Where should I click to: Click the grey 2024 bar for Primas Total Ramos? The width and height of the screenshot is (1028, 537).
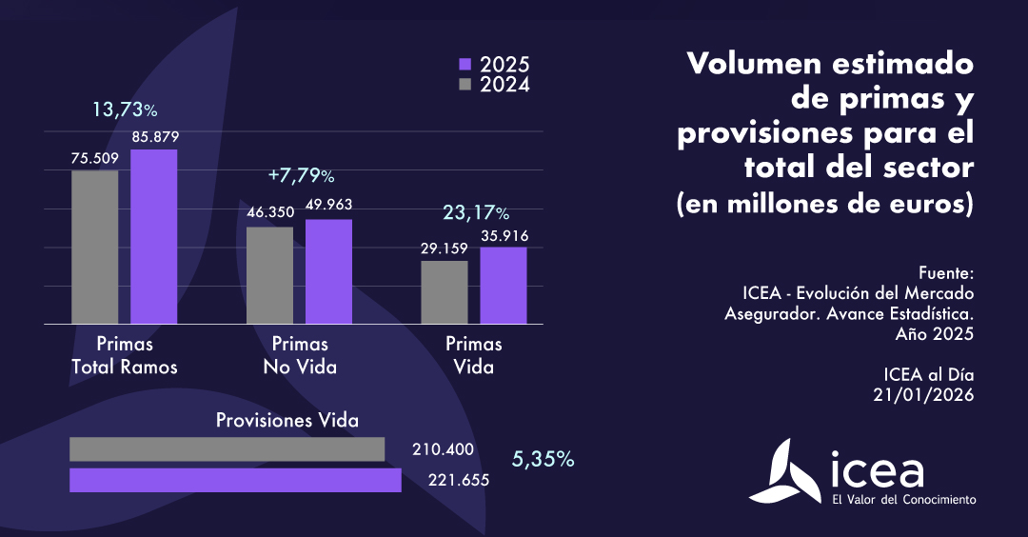pyautogui.click(x=95, y=248)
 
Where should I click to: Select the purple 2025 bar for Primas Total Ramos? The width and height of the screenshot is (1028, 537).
pyautogui.click(x=154, y=237)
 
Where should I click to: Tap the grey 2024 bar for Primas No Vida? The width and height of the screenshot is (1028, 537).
pyautogui.click(x=270, y=276)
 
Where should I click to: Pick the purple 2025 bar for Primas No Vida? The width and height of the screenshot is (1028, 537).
pyautogui.click(x=328, y=272)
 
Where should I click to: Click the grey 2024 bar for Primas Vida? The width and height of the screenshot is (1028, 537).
pyautogui.click(x=445, y=293)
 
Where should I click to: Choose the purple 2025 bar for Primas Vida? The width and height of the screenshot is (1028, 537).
pyautogui.click(x=504, y=286)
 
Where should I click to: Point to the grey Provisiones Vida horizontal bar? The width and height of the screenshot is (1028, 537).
pyautogui.click(x=227, y=449)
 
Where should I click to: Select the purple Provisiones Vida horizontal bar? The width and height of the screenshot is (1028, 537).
pyautogui.click(x=235, y=480)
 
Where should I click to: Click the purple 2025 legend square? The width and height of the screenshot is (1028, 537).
pyautogui.click(x=465, y=65)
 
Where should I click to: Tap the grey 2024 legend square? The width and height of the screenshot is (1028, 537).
pyautogui.click(x=465, y=85)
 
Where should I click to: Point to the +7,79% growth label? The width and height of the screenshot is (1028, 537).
pyautogui.click(x=301, y=176)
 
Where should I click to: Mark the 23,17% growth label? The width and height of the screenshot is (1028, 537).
pyautogui.click(x=475, y=212)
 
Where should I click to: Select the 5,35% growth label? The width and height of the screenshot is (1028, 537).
pyautogui.click(x=543, y=460)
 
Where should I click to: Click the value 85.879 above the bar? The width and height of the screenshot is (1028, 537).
pyautogui.click(x=155, y=137)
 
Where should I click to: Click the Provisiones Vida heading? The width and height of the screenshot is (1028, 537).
pyautogui.click(x=287, y=420)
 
